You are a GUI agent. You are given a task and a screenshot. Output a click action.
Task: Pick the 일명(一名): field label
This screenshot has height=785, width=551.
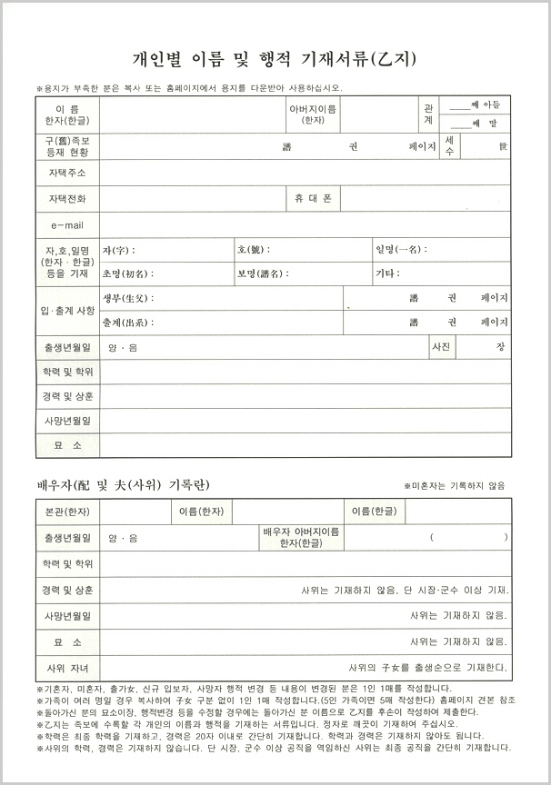[400, 250]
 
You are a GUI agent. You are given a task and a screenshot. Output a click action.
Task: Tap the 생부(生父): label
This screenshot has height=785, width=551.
[128, 298]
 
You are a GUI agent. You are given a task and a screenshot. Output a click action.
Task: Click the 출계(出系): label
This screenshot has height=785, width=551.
[128, 322]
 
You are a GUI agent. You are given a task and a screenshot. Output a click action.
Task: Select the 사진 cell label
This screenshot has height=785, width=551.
[440, 347]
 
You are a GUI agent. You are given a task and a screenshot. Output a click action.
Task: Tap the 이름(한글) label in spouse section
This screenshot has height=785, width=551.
[374, 512]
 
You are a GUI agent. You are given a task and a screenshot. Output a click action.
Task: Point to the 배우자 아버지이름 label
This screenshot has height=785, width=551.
[301, 532]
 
